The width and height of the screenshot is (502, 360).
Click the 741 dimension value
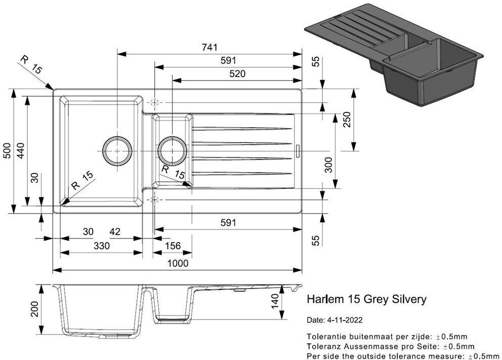point(209,47)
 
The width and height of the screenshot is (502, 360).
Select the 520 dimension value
point(237,73)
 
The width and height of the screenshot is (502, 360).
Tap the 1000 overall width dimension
point(178,263)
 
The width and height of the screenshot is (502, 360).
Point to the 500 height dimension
point(7,150)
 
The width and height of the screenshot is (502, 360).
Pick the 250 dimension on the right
point(347,119)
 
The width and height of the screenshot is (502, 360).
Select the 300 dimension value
point(328,165)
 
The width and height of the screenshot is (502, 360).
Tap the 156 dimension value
point(173,246)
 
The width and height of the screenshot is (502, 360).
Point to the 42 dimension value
point(115,231)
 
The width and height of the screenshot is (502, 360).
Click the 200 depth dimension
point(34,309)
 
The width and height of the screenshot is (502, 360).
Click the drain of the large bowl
point(117,151)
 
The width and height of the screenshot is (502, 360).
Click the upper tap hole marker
point(155,103)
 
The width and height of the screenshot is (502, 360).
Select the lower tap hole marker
point(155,198)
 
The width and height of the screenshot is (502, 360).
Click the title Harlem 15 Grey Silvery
point(366,299)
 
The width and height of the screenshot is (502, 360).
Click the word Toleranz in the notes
point(323,346)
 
